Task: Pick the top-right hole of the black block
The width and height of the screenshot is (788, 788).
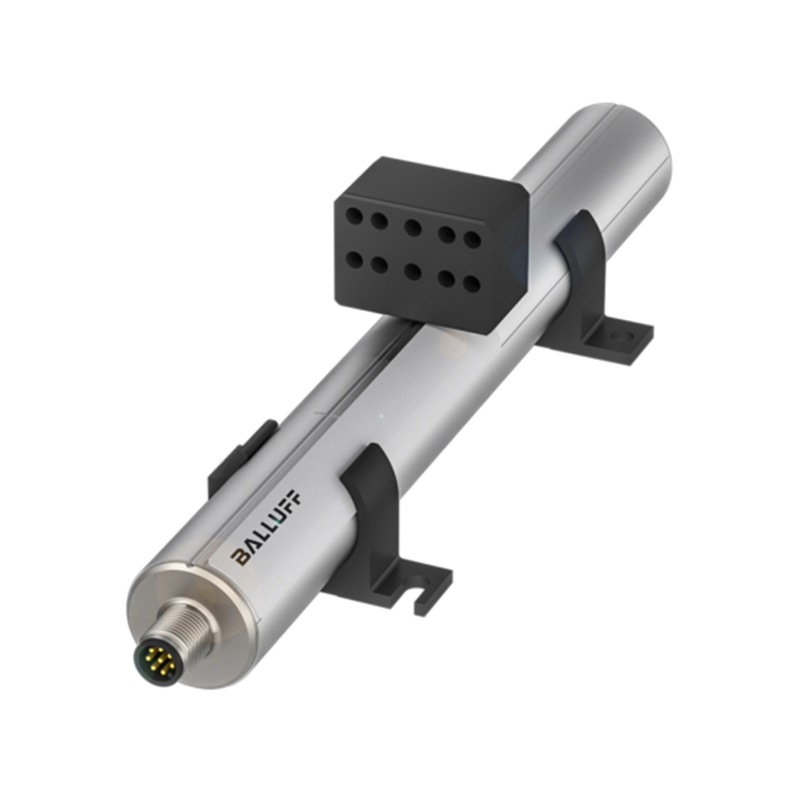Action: tap(471, 237)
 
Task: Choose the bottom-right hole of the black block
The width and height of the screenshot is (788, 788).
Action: tap(471, 282)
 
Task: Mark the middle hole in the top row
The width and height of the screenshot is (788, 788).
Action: tap(412, 227)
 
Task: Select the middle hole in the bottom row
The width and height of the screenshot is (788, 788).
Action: tap(412, 270)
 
